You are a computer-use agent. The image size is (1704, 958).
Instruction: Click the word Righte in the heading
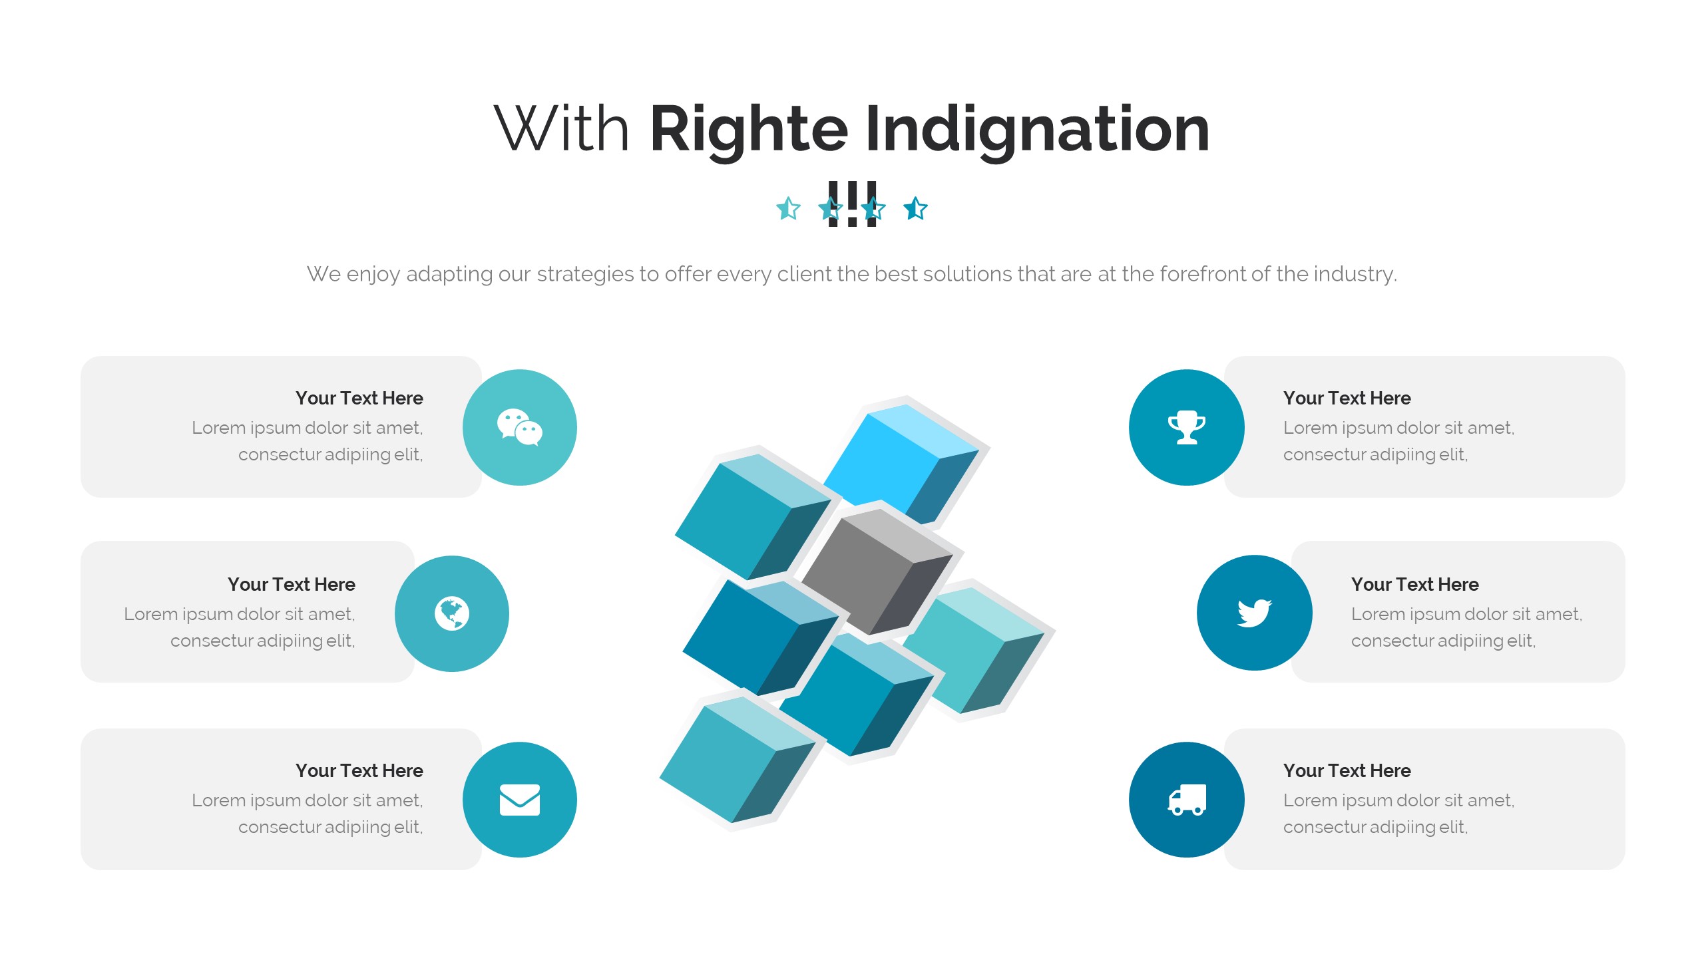pos(748,130)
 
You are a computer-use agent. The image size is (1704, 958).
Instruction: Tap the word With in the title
pos(561,129)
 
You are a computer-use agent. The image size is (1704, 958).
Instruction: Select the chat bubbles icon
pos(520,427)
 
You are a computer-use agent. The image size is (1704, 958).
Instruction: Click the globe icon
pos(452,613)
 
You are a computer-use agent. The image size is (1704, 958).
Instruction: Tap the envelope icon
pos(520,800)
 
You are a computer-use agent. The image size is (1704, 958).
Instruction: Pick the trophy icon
pos(1187,427)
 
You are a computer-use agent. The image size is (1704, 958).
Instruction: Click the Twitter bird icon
pos(1254,613)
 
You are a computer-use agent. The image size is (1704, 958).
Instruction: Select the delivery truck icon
pos(1187,800)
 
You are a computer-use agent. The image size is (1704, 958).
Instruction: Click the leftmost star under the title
pos(788,209)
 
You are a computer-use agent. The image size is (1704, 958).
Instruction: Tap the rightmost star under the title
pos(916,209)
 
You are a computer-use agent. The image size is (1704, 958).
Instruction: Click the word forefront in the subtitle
pos(1202,274)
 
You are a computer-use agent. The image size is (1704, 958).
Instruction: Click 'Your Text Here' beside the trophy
pos(1347,398)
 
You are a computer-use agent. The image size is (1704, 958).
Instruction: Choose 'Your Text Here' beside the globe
pos(292,584)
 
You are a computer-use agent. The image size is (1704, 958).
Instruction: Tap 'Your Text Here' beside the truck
pos(1347,770)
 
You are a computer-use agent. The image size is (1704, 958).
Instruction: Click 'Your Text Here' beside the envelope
pos(359,770)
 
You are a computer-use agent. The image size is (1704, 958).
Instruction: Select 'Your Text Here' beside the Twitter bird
pos(1414,584)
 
